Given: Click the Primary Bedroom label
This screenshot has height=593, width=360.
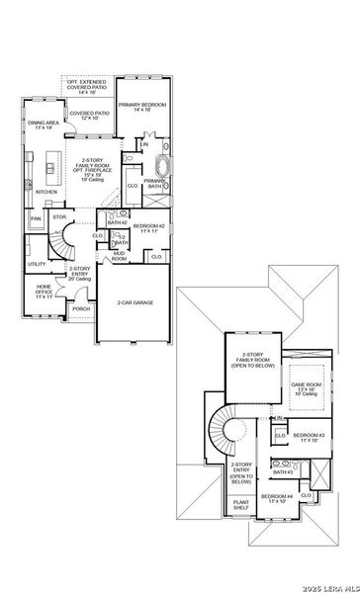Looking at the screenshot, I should tap(141, 106).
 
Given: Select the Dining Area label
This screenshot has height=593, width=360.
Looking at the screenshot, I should tap(39, 125).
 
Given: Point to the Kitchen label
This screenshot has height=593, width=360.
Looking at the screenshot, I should tap(46, 192).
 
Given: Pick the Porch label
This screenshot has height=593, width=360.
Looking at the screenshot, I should tap(81, 308).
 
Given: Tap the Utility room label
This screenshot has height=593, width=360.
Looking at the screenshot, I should tap(37, 264).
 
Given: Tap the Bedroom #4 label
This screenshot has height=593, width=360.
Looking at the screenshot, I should tap(277, 499).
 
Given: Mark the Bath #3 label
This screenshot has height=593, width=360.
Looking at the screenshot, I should tap(282, 472).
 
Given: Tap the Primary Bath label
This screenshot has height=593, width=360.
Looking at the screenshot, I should tap(154, 185).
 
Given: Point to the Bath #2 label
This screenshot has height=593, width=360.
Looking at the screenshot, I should tap(116, 223).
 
